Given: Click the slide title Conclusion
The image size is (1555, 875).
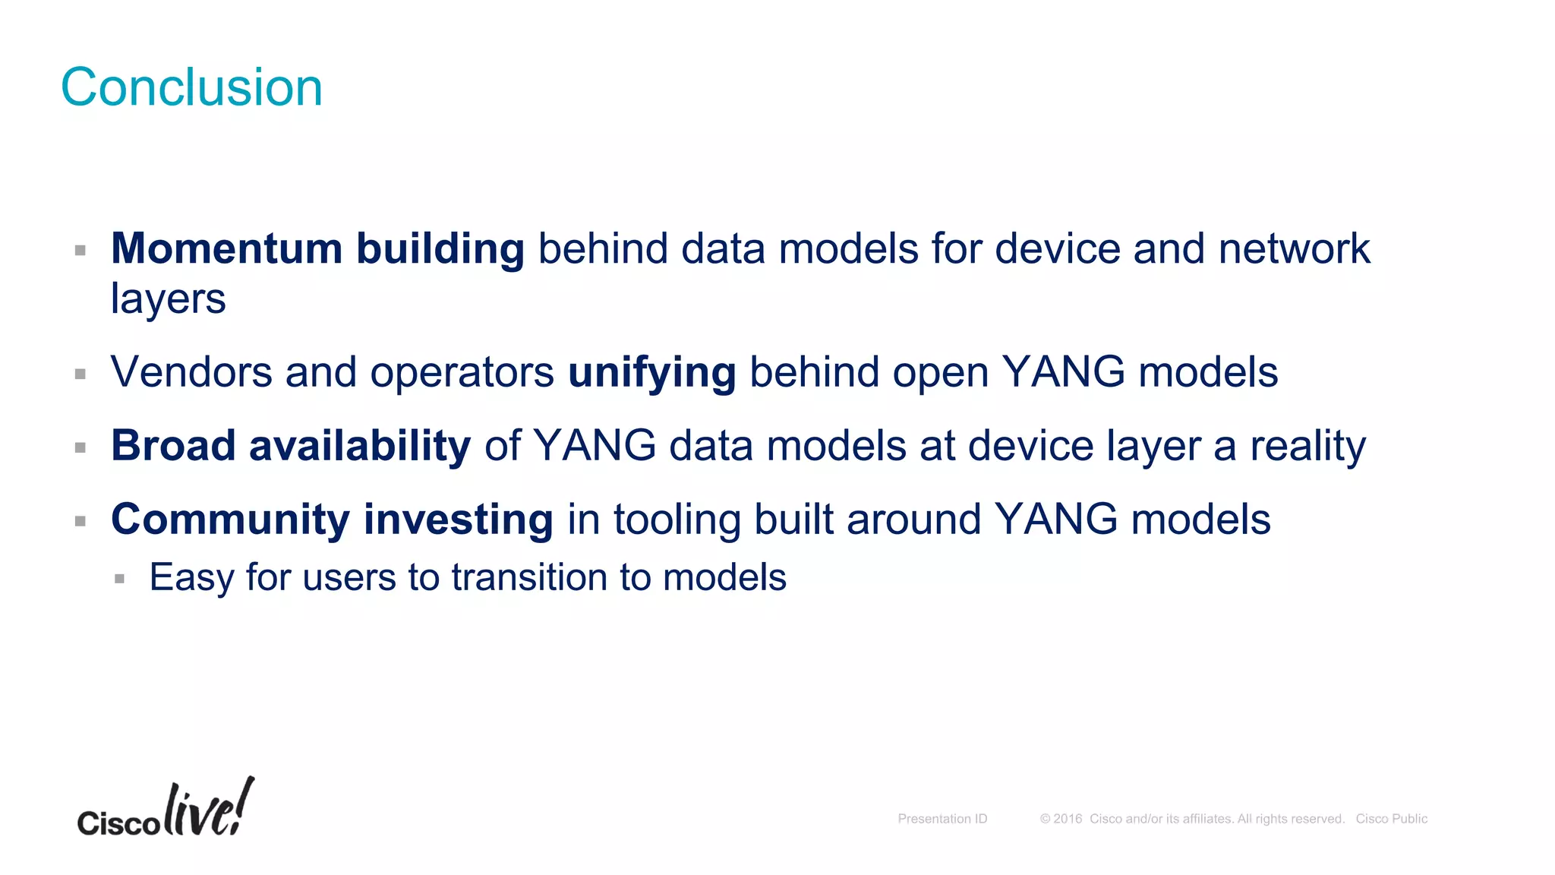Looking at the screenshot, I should [x=191, y=87].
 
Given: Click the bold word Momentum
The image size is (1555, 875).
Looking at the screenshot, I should [x=226, y=249].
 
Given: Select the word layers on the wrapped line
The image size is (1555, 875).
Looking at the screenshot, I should [x=168, y=299].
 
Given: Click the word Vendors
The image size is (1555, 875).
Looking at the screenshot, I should [x=191, y=372].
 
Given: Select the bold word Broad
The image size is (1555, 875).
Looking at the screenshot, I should [x=173, y=445].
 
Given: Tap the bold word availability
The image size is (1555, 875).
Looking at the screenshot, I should [x=360, y=446].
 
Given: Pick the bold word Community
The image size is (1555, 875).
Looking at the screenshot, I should [x=230, y=520].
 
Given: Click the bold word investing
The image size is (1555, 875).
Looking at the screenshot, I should [x=459, y=520].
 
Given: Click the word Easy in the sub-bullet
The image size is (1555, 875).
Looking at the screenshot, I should [x=191, y=577].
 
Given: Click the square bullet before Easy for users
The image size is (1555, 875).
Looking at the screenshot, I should [x=119, y=579].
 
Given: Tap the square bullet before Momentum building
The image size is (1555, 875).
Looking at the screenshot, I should [x=80, y=251].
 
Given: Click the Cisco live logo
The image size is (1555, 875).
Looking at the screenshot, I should [x=166, y=810].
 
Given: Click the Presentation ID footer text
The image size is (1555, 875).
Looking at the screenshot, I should [x=942, y=819].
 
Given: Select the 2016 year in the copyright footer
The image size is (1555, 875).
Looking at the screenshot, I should [x=1067, y=819].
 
